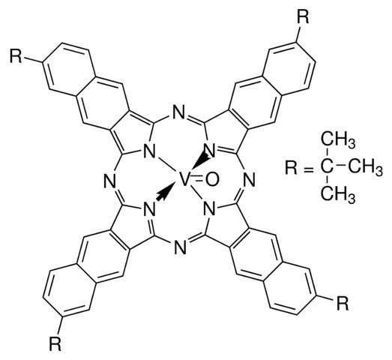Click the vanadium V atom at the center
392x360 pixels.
point(184,179)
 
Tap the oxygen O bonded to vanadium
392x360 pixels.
point(213,180)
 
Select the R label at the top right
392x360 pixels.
point(303,17)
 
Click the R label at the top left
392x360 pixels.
point(16,56)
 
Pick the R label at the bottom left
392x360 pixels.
point(55,343)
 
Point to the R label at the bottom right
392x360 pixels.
point(343,303)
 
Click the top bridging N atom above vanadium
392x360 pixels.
point(179,112)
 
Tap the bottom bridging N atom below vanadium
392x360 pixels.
point(180,247)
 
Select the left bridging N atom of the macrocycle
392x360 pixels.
point(109,182)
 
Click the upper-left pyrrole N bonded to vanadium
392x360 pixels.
point(148,151)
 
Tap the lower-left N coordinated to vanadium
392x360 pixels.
point(148,209)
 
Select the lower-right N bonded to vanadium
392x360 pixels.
point(210,209)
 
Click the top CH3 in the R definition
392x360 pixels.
point(338,142)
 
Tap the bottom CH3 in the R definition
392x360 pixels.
point(338,194)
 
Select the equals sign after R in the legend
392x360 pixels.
point(309,168)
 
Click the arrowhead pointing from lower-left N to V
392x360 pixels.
point(166,193)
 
